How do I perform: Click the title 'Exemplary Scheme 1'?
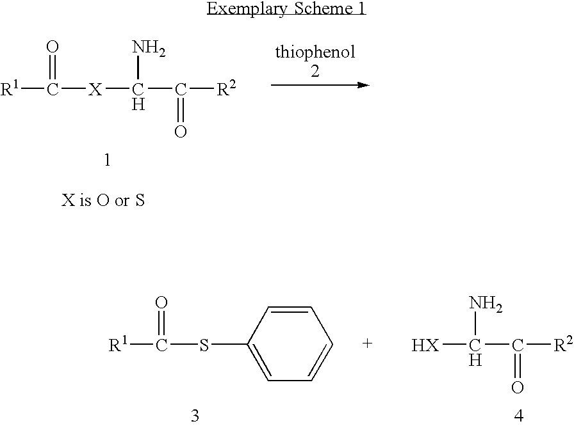point(286,9)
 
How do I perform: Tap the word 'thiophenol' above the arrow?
point(315,52)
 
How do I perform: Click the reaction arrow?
point(320,85)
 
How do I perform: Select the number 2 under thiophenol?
point(315,71)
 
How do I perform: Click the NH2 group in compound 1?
point(149,48)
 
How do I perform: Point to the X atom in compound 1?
point(95,89)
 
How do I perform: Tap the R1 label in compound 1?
point(10,89)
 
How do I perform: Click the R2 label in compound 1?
point(226,88)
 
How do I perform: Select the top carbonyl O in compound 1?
point(53,47)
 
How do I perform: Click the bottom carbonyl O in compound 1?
point(181,132)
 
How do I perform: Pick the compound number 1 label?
point(107,160)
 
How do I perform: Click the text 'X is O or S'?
point(103,200)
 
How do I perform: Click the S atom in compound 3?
point(204,345)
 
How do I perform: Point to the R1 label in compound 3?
point(119,344)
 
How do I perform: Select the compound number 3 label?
point(195,415)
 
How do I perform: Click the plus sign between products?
point(367,343)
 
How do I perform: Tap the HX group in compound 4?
point(425,345)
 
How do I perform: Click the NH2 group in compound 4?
point(486,304)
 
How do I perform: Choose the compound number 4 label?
point(519,415)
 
